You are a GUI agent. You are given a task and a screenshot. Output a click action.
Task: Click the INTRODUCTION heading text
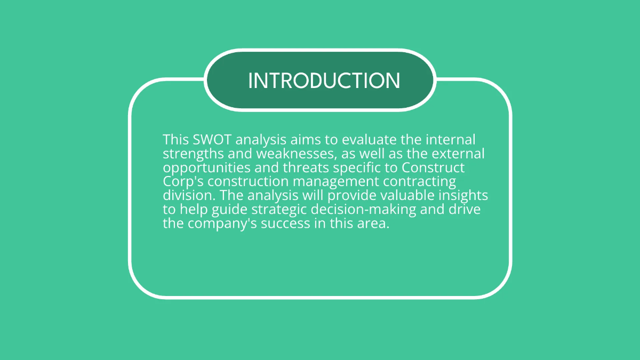(x=324, y=81)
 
